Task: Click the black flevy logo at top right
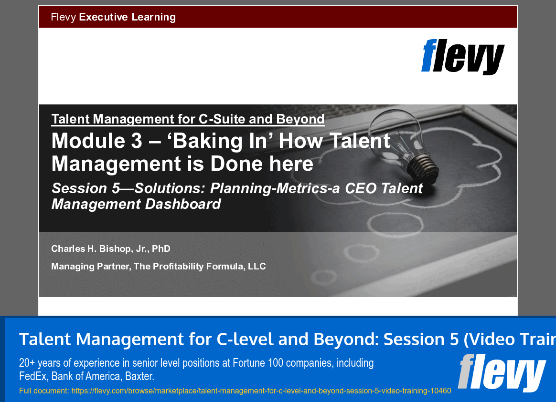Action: [x=462, y=57]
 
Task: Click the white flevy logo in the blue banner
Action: [x=502, y=372]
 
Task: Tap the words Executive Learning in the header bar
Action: [x=127, y=17]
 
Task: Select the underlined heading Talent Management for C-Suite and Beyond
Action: [x=188, y=119]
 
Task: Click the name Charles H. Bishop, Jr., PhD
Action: [x=111, y=248]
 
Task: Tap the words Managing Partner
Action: [x=90, y=266]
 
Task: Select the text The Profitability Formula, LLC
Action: [x=200, y=266]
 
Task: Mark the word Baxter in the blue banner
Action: [x=139, y=376]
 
